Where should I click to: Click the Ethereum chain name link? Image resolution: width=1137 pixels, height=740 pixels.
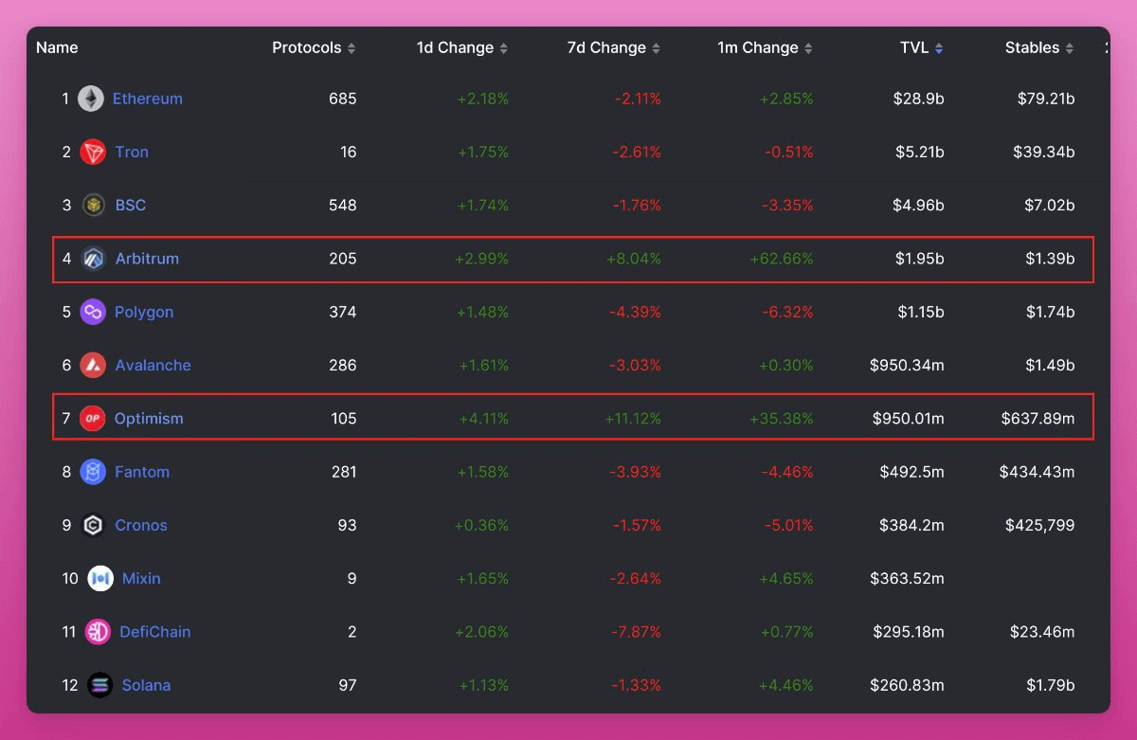coord(147,99)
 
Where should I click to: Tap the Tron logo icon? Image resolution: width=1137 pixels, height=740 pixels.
coord(93,152)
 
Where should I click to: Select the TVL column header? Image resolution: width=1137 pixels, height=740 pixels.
coord(914,47)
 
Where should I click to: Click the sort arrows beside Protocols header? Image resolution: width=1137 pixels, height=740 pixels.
coord(352,48)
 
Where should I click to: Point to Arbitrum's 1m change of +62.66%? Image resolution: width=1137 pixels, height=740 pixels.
coord(781,259)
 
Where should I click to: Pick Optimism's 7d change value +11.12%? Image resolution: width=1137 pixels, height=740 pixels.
coord(632,419)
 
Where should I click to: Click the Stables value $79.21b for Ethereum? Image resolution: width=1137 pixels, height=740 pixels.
coord(1046,99)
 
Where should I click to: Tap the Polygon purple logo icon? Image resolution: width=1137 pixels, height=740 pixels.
coord(93,312)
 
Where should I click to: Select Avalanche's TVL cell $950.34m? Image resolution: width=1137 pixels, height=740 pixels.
coord(907,366)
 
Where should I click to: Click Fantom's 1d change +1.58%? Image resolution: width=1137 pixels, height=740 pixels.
coord(482,472)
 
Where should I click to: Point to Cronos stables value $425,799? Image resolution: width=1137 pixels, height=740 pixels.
coord(1039,526)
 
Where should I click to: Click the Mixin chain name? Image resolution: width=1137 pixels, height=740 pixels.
coord(141,579)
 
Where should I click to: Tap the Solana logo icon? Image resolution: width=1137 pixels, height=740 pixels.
coord(99,685)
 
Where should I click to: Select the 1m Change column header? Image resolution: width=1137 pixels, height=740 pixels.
coord(757,47)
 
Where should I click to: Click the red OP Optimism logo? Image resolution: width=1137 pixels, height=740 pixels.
coord(93,419)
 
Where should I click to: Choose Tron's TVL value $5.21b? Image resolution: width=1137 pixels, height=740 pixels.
coord(918,152)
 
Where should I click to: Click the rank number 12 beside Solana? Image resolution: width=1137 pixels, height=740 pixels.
coord(70,685)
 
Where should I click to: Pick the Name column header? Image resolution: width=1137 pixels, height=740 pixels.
coord(57,47)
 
